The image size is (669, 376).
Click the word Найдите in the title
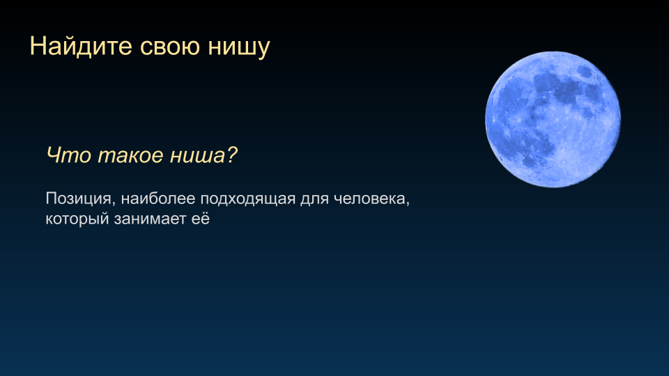(x=81, y=47)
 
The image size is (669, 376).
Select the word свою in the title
(x=170, y=47)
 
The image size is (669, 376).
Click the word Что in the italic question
(x=68, y=155)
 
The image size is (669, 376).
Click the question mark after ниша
(x=231, y=155)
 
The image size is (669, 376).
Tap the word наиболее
(x=158, y=198)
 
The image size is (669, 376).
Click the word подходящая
(x=248, y=200)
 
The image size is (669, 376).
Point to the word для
(x=314, y=201)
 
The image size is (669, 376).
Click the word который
(x=77, y=219)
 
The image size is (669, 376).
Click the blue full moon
(x=553, y=120)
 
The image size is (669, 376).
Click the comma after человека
(x=408, y=205)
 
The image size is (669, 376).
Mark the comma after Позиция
(x=114, y=205)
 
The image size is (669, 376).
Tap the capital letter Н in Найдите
(x=37, y=46)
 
